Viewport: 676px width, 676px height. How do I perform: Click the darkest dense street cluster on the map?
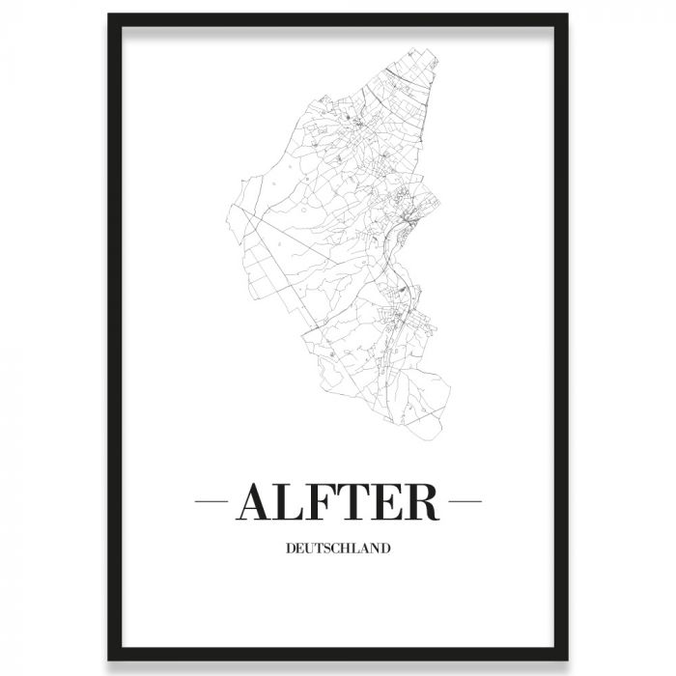[x=408, y=228]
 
